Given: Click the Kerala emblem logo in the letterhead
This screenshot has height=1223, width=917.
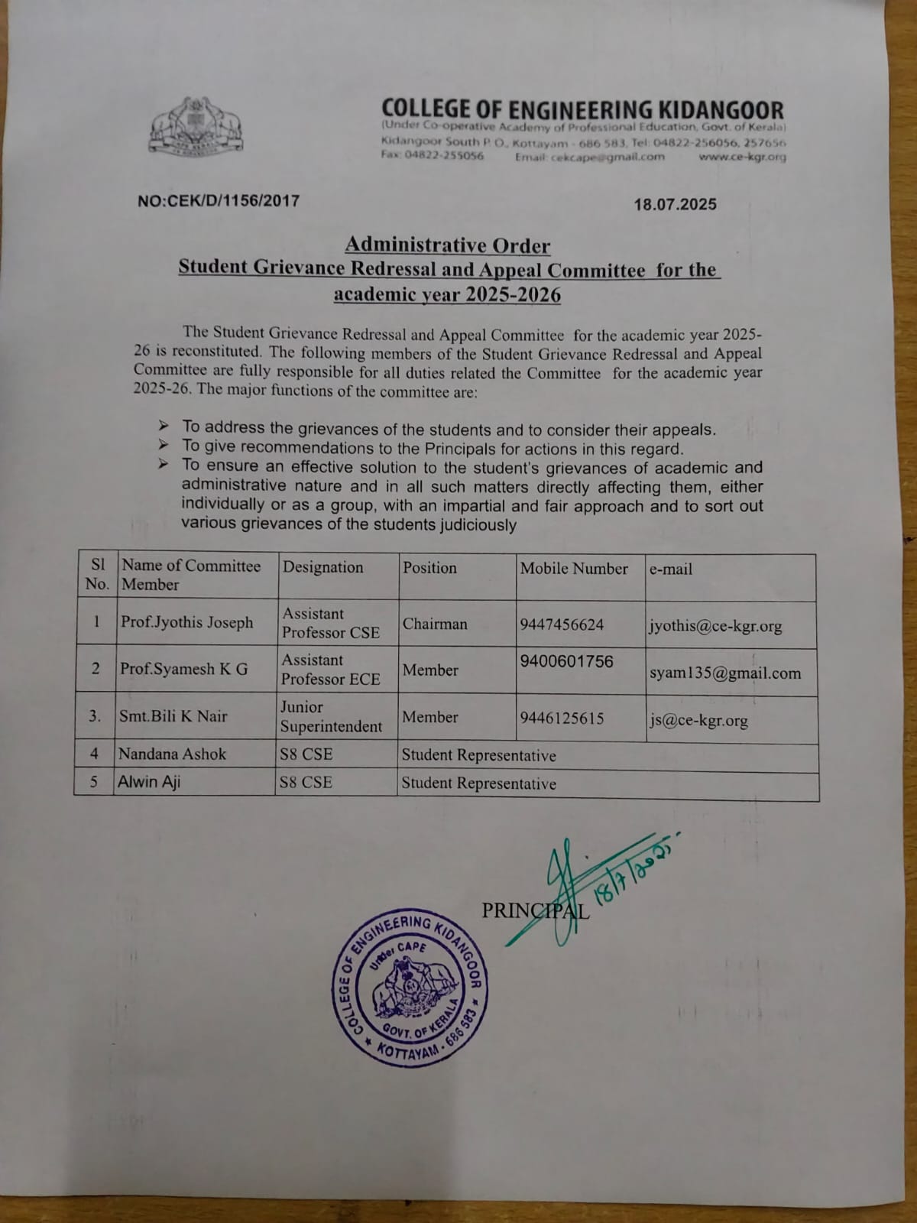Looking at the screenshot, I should point(197,126).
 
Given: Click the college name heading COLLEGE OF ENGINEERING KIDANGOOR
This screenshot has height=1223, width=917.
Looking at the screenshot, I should point(582,109).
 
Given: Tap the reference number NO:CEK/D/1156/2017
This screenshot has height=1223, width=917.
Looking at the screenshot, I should point(219,201).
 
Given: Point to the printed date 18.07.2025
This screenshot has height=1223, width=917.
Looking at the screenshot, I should point(675,204).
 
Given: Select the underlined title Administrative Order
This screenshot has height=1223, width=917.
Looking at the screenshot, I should point(447,245).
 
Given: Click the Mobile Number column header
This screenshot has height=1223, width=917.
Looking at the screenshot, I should point(573,569).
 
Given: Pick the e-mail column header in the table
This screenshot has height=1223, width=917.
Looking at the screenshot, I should point(670,569).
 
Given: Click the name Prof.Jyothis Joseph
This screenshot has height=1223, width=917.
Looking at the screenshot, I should point(186,622).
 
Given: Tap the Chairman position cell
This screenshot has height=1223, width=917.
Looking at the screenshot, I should point(434,624).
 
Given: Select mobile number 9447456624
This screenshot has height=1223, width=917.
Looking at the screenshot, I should point(561,625).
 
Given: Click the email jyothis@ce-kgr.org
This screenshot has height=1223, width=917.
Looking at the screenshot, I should point(714,626).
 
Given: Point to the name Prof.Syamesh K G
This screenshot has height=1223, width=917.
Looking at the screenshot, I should point(183,669).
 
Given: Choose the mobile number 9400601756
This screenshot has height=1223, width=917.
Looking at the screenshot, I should point(566,661).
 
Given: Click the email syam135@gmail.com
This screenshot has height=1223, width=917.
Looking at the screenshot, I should point(724,673).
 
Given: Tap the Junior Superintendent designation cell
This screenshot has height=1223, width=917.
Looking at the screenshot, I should point(330,717).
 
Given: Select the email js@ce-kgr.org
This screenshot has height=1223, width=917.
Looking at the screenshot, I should point(698,720).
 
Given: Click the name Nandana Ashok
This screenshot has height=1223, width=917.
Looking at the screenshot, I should point(172,754).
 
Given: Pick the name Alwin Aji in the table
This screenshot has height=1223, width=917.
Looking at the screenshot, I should point(149,782).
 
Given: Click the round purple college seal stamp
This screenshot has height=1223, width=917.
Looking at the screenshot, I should point(411,988).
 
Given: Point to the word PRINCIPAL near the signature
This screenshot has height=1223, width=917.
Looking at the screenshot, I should point(535,911).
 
